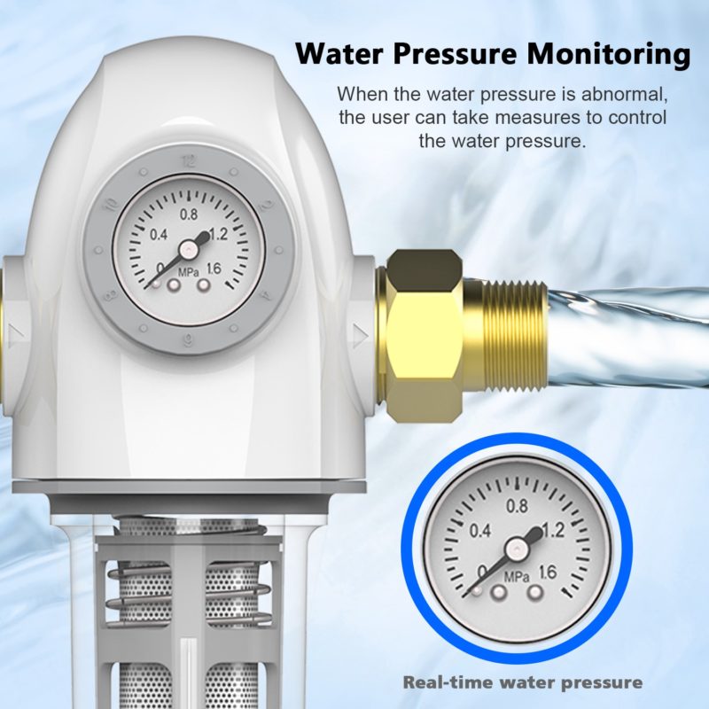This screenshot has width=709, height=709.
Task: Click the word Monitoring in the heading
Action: click(x=608, y=54)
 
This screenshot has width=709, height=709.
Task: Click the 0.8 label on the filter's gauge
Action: click(x=188, y=214)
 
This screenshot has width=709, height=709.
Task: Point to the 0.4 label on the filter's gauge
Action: click(x=159, y=235)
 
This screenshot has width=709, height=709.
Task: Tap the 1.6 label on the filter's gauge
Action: click(x=214, y=269)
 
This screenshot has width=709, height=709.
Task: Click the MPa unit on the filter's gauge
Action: click(x=188, y=273)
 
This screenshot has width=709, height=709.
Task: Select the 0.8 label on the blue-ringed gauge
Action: click(x=517, y=505)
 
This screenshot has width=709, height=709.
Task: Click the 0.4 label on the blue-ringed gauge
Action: click(x=479, y=530)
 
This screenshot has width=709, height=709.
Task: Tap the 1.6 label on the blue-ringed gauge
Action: click(x=547, y=573)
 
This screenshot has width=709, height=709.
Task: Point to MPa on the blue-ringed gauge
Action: click(x=517, y=578)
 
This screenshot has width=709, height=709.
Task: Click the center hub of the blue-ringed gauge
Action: click(x=515, y=549)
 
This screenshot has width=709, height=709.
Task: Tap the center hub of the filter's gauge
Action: click(x=187, y=248)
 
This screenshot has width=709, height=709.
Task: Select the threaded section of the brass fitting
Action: click(x=506, y=336)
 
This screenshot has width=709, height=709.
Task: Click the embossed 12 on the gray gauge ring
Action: click(x=189, y=161)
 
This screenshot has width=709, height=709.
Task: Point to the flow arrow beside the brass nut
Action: click(x=361, y=335)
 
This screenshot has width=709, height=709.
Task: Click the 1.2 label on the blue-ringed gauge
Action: click(x=553, y=530)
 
